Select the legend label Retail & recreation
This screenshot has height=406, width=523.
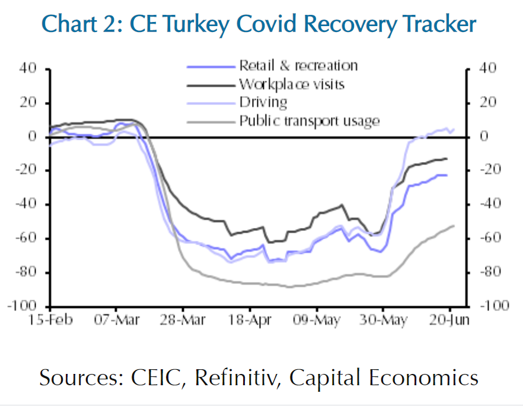[x=298, y=65]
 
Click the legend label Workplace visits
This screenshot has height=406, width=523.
[x=291, y=84]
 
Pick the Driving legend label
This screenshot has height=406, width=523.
[x=263, y=102]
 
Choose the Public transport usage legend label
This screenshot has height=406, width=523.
[x=308, y=121]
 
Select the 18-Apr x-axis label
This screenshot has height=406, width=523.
[x=250, y=321]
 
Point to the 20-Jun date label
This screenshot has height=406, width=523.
[x=449, y=321]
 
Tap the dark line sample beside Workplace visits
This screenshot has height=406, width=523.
[x=211, y=84]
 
